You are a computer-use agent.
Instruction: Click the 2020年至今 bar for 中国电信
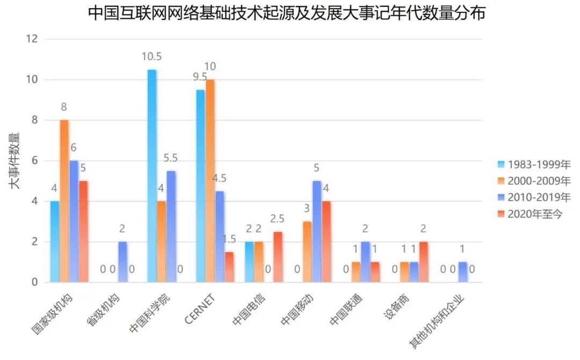click(x=278, y=257)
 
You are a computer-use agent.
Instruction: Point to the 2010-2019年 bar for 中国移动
click(x=317, y=232)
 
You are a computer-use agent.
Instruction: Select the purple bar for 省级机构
click(x=123, y=262)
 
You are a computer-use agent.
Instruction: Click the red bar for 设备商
click(x=424, y=262)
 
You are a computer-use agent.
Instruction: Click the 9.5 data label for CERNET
click(x=200, y=77)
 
